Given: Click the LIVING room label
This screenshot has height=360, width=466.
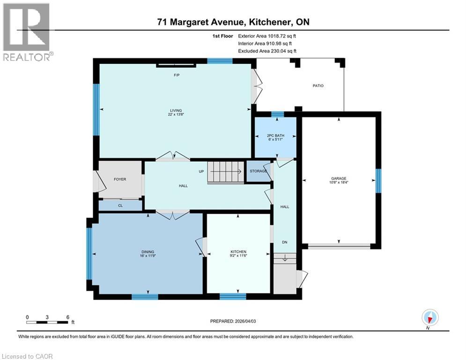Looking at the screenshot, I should [175, 110].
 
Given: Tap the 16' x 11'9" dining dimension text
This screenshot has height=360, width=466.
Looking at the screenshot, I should [148, 256].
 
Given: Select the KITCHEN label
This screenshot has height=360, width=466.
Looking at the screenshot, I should [238, 252].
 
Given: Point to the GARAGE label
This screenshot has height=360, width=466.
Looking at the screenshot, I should [339, 178].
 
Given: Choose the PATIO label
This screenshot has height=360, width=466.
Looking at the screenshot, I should [318, 86].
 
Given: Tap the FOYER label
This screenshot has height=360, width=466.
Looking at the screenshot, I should [120, 179].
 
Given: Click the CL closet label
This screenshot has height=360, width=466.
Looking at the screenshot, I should [120, 205].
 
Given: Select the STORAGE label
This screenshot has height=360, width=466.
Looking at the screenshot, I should [258, 171].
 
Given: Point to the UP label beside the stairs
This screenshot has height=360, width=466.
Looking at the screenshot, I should [201, 172].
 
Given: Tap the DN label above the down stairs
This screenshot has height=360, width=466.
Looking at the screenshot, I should [284, 242].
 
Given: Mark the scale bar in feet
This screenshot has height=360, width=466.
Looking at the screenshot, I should [47, 322].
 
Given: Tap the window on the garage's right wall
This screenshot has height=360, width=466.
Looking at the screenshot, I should [378, 181].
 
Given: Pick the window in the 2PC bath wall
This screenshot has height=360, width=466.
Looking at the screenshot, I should [277, 114].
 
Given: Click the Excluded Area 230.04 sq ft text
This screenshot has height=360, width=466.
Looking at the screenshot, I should [267, 51].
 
